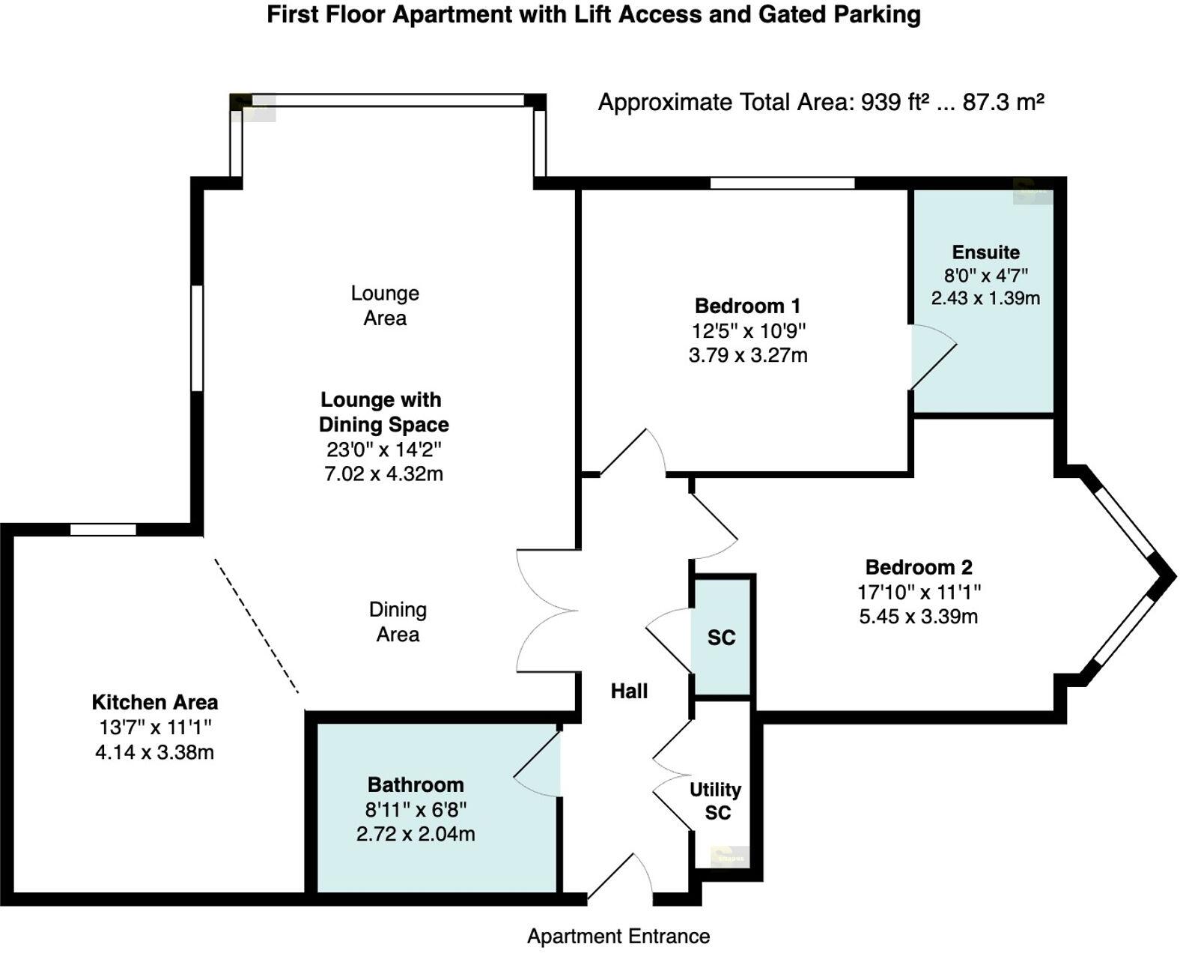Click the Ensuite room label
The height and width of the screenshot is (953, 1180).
click(985, 252)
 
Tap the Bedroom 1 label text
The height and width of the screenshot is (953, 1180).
click(747, 306)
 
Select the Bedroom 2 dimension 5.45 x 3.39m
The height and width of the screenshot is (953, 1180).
click(918, 617)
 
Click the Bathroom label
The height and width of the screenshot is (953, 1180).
click(416, 784)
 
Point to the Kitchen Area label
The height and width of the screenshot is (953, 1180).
click(155, 702)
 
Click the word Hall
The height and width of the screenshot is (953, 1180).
click(629, 691)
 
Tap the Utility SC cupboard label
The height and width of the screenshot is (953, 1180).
click(716, 801)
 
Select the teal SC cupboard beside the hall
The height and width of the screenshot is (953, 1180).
click(722, 638)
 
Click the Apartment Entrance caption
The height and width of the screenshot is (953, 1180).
click(618, 936)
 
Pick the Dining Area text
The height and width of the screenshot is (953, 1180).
click(398, 622)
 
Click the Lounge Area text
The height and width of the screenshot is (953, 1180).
click(385, 305)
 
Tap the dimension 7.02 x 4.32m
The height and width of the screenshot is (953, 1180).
click(383, 474)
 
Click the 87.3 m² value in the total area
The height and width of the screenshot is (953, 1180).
click(1003, 102)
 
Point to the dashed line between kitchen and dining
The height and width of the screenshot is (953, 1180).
click(256, 626)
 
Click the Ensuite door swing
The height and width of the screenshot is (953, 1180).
click(931, 358)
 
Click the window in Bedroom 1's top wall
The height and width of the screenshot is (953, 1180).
click(782, 183)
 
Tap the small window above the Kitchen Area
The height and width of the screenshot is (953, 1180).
click(103, 530)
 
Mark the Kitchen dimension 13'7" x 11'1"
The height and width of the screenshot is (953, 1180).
click(155, 727)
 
